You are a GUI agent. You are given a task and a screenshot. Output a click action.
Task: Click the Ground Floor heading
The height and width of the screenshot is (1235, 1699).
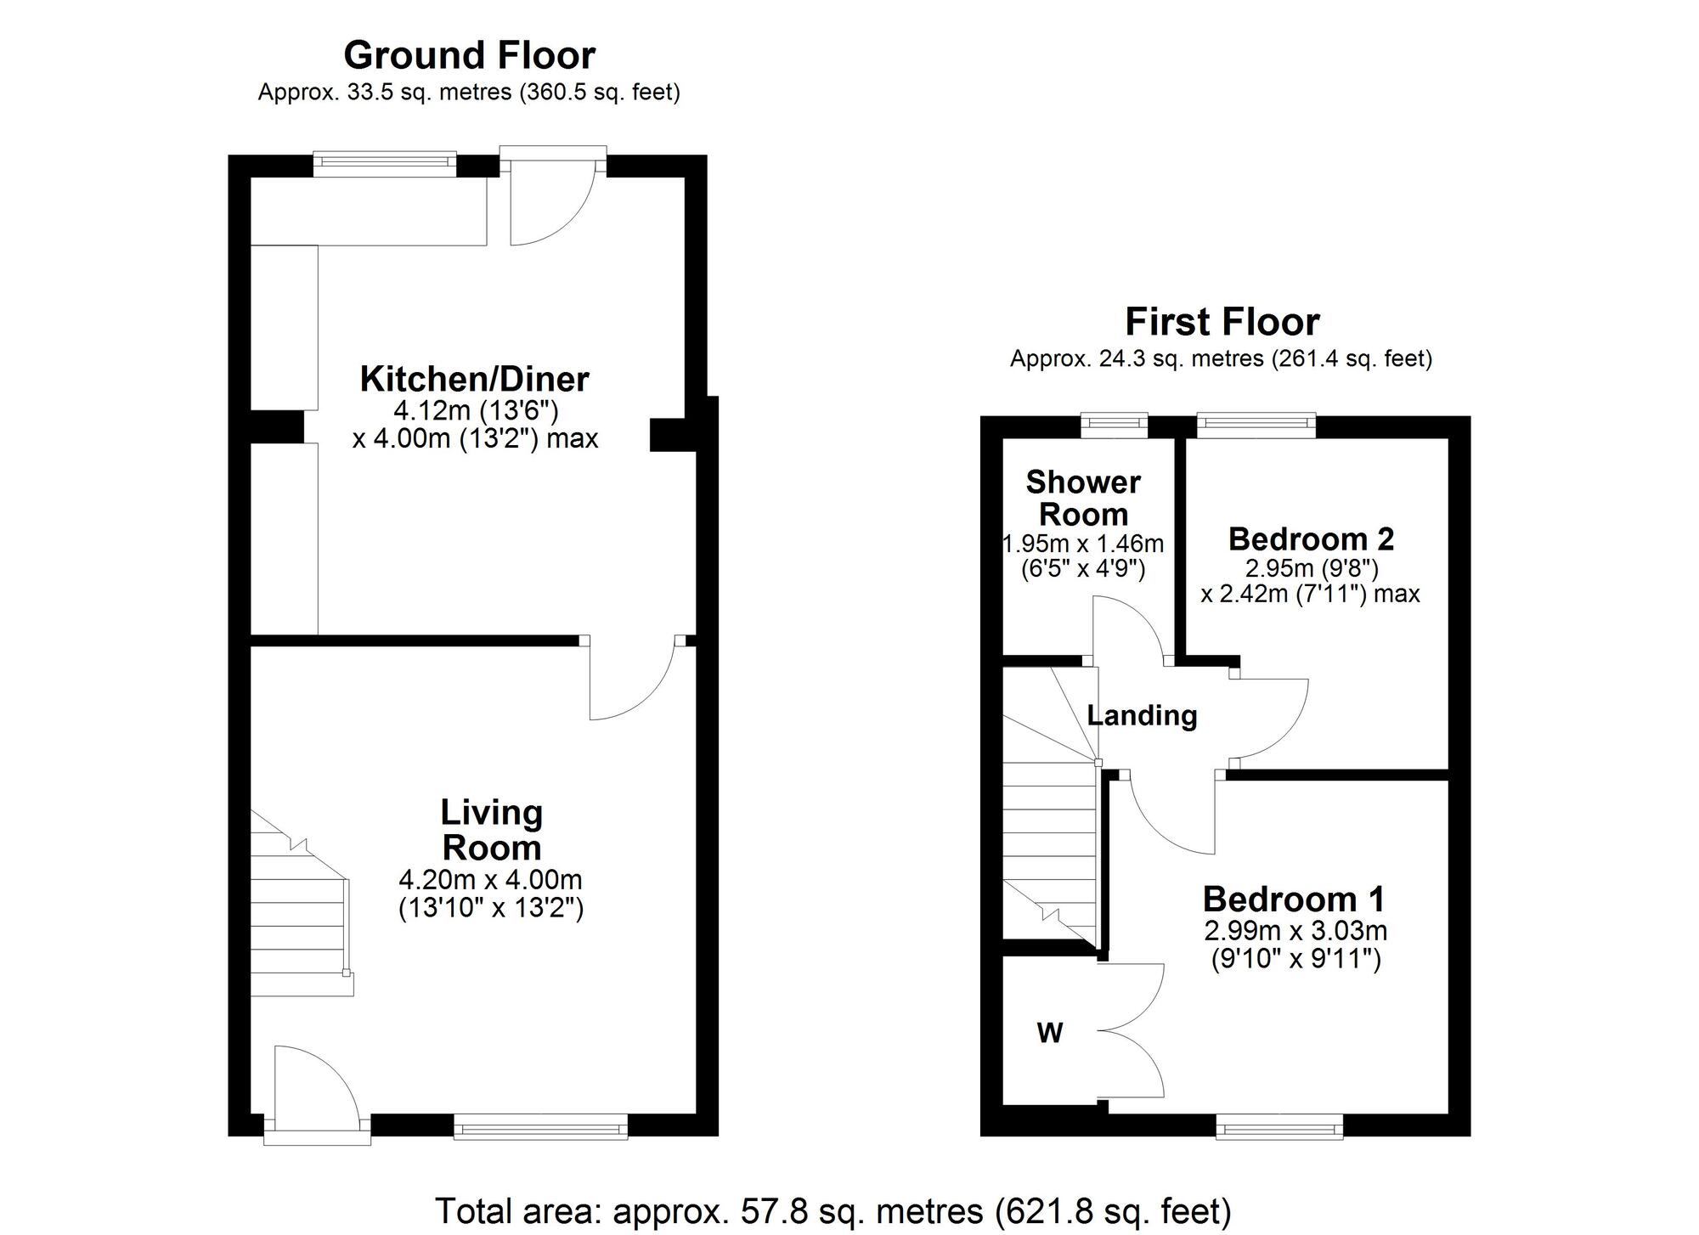(x=469, y=55)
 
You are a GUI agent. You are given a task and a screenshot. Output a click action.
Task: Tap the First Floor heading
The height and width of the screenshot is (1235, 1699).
(x=1222, y=322)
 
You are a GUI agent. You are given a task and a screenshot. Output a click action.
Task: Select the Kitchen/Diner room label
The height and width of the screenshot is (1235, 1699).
(x=474, y=379)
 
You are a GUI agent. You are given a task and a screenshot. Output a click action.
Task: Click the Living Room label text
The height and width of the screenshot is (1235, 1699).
(x=491, y=830)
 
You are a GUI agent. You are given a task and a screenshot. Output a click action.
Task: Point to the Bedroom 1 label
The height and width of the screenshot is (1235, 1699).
(x=1293, y=899)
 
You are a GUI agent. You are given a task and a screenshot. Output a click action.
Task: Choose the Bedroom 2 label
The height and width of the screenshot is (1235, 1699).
(x=1311, y=539)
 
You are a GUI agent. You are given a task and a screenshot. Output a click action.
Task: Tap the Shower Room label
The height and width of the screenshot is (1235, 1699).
(x=1083, y=498)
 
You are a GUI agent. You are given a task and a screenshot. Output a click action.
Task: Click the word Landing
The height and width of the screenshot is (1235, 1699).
(x=1142, y=715)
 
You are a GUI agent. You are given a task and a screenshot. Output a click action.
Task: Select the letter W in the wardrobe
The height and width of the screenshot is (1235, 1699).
(x=1050, y=1033)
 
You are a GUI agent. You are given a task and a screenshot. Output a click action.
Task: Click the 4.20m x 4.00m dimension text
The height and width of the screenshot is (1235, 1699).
(x=490, y=879)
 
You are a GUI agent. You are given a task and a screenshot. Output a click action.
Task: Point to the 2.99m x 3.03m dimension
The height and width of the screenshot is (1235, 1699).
(x=1295, y=930)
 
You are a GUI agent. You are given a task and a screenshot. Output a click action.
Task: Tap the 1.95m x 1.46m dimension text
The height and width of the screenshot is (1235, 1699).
(x=1083, y=543)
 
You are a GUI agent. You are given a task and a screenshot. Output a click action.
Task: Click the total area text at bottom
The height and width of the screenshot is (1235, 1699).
(x=833, y=1210)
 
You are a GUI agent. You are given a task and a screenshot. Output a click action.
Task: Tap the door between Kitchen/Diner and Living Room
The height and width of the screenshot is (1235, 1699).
(x=629, y=680)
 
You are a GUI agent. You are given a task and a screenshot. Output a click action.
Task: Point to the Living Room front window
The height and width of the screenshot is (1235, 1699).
(x=540, y=1127)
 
